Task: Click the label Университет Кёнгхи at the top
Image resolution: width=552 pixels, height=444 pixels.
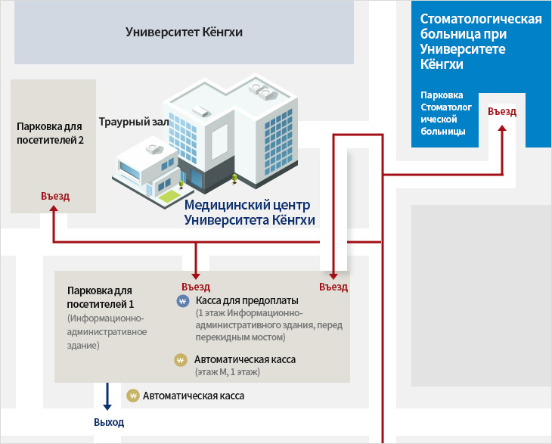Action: (x=184, y=33)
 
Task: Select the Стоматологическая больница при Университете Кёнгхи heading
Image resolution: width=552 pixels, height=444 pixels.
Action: (x=480, y=42)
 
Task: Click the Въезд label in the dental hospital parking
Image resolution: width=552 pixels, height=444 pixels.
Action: (x=502, y=111)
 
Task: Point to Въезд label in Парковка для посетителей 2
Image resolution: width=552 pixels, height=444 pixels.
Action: (x=55, y=196)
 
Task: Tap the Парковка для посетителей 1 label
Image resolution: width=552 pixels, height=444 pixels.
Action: (x=100, y=297)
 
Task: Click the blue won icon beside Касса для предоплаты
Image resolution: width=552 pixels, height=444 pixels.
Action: (x=181, y=301)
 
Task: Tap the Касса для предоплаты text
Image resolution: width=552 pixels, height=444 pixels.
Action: (x=247, y=300)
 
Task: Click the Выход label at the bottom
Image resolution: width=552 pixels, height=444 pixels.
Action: (x=109, y=422)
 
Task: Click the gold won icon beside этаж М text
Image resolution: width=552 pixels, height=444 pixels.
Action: (x=180, y=360)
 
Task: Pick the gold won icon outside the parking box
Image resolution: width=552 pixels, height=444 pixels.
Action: (x=133, y=395)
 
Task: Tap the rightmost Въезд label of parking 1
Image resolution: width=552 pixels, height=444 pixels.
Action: (x=333, y=287)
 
